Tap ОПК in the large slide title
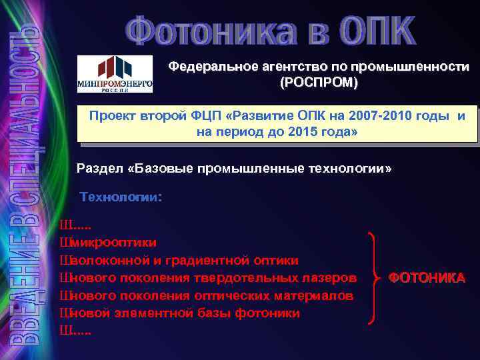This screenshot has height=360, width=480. pyautogui.click(x=376, y=32)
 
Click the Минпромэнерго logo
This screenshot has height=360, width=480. pyautogui.click(x=115, y=73)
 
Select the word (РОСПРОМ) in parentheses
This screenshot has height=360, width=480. pyautogui.click(x=318, y=83)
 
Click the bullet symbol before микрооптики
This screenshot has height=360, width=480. pyautogui.click(x=65, y=242)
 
